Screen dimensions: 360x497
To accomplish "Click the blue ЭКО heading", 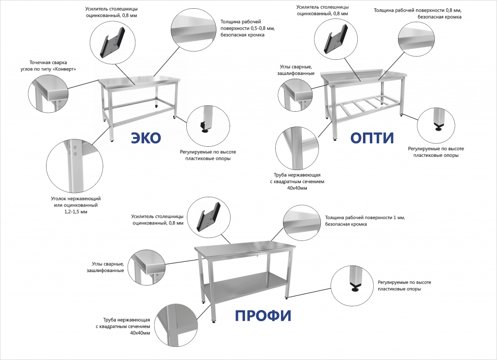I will (146, 138).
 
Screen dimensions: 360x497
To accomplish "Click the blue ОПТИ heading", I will (372, 138).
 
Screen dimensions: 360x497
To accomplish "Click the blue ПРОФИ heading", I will (263, 316).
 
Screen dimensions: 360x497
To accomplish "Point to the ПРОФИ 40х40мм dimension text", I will (140, 333).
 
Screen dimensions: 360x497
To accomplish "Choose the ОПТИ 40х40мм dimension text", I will (297, 188).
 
